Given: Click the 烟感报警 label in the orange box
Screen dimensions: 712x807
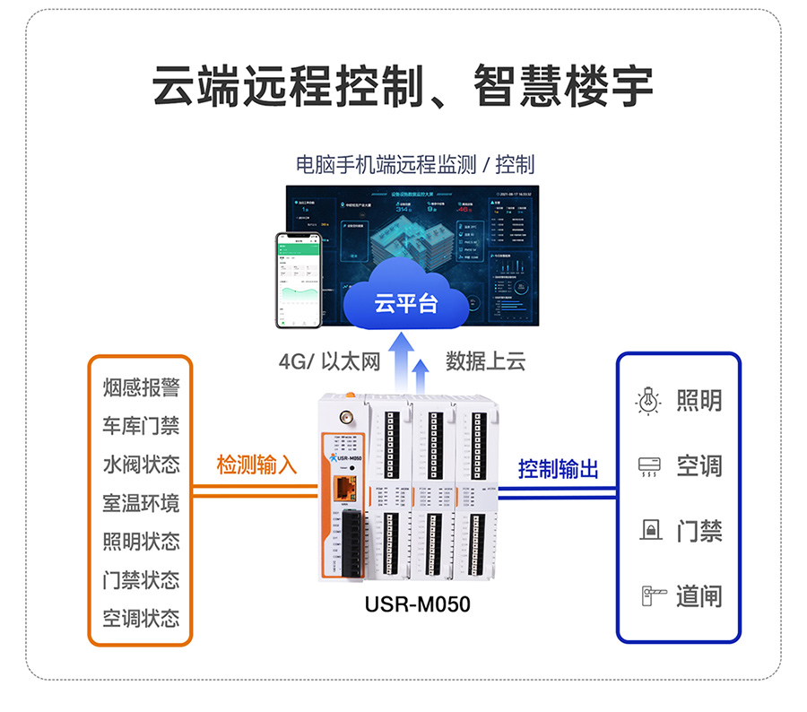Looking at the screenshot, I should [141, 387].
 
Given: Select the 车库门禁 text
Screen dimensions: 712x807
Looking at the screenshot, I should [141, 426].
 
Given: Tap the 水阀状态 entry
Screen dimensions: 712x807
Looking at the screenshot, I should [141, 465].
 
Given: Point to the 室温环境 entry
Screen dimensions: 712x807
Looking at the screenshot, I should [141, 503].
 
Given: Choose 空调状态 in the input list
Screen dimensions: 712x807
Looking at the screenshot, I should [141, 619].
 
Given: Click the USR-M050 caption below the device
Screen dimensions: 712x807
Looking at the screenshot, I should [417, 604].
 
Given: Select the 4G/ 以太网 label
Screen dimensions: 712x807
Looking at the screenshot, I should [329, 361].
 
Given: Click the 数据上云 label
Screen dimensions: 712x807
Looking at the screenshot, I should [485, 361].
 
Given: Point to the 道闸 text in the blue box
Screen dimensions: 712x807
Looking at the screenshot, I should [699, 595].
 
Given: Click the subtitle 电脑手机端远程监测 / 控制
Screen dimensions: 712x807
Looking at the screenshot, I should [414, 164].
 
